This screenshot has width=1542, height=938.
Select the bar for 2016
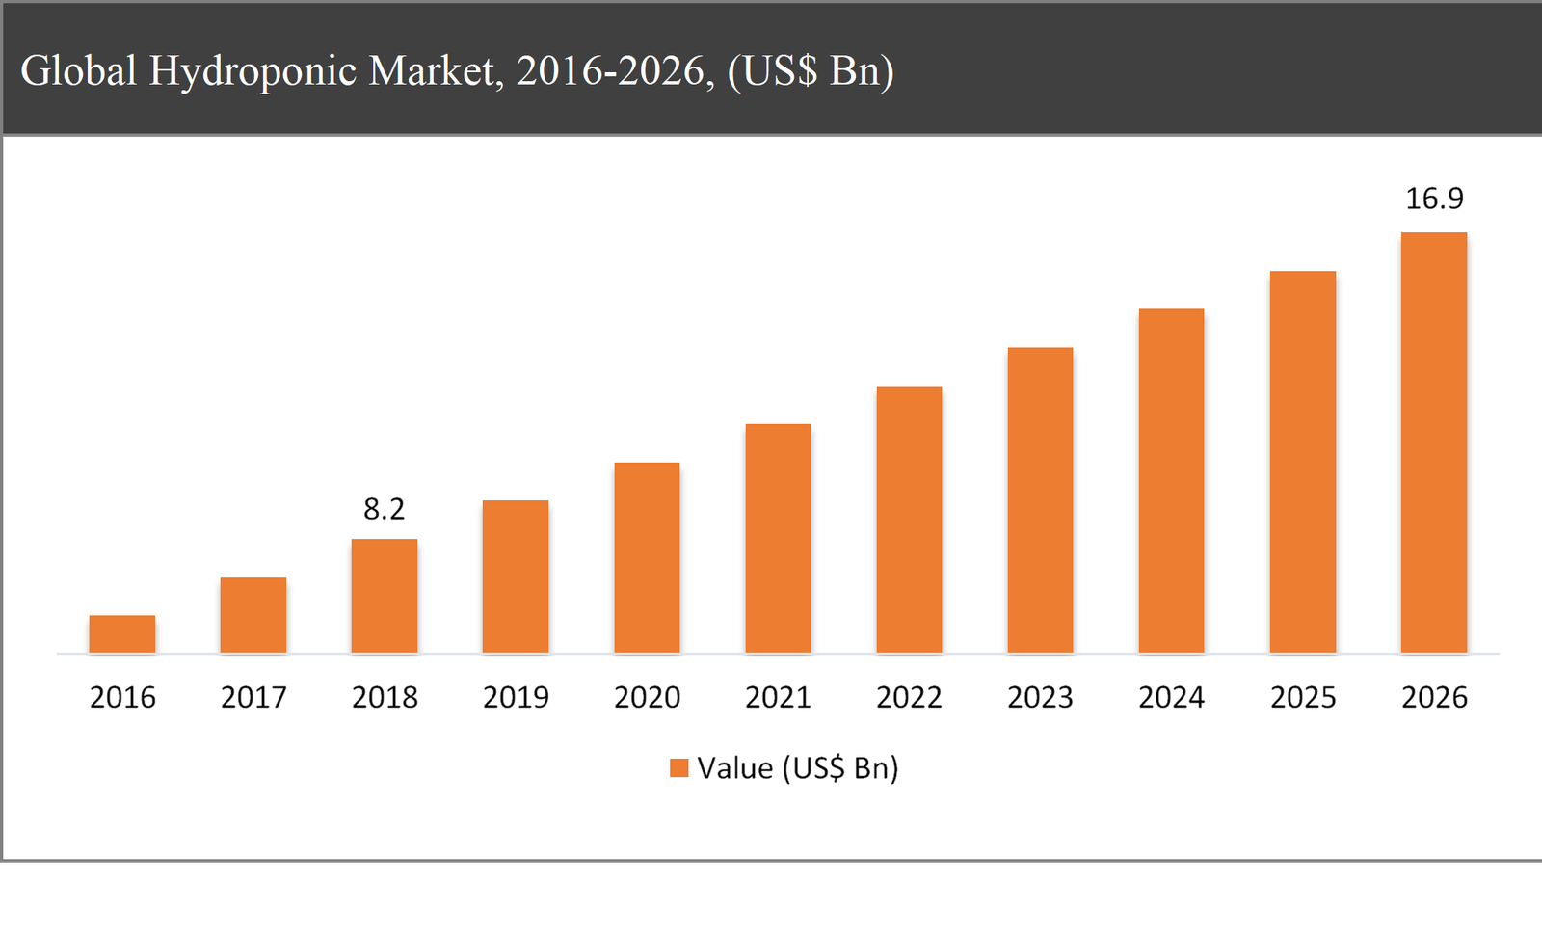coord(122,634)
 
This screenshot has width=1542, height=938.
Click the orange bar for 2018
coord(385,596)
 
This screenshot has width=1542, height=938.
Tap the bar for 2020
coord(647,557)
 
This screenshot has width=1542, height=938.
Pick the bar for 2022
coord(909,520)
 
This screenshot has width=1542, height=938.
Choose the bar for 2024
coord(1171,481)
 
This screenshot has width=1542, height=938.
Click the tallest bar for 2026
coord(1434,442)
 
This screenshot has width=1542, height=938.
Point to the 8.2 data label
coord(385,509)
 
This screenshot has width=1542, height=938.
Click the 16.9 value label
coord(1434,199)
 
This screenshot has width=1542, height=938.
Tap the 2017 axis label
coord(253,697)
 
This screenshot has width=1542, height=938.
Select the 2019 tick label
coord(516,697)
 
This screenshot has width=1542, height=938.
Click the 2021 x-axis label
coord(778,697)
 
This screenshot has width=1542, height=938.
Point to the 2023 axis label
coord(1040,697)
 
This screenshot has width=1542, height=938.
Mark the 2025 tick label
coord(1303,697)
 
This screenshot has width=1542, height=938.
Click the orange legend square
coord(679,768)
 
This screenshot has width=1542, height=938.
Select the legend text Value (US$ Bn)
coord(798,768)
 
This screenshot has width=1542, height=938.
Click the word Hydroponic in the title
coord(253,71)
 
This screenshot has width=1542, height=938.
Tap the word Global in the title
coord(78,71)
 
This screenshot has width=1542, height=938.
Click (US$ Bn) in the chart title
coord(811,71)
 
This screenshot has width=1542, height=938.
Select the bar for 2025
coord(1303,462)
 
